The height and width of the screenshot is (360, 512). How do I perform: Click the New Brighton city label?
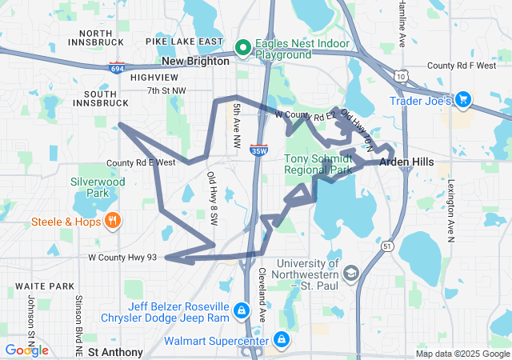pyautogui.click(x=195, y=61)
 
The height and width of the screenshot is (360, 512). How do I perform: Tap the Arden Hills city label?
pyautogui.click(x=406, y=162)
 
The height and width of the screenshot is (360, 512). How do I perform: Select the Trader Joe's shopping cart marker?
pyautogui.click(x=462, y=101)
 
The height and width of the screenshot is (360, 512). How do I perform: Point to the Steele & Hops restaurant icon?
pyautogui.click(x=114, y=221)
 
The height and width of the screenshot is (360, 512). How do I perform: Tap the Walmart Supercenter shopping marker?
pyautogui.click(x=281, y=341)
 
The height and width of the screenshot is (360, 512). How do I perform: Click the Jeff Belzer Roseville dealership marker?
pyautogui.click(x=241, y=310)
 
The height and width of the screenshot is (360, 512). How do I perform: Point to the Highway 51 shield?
pyautogui.click(x=387, y=246)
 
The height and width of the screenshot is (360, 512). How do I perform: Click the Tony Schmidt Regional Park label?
pyautogui.click(x=318, y=164)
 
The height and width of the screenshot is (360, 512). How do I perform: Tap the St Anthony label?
pyautogui.click(x=115, y=352)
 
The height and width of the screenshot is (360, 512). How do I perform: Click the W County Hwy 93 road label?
pyautogui.click(x=122, y=258)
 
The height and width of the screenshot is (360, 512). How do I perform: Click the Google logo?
pyautogui.click(x=26, y=350)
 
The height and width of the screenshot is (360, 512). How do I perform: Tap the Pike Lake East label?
pyautogui.click(x=185, y=41)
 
